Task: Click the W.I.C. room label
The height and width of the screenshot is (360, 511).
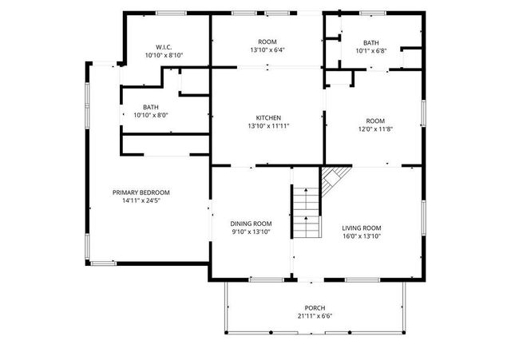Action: tap(164, 46)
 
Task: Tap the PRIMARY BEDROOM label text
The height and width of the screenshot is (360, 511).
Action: tap(141, 192)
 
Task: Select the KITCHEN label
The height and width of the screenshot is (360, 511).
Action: tap(267, 117)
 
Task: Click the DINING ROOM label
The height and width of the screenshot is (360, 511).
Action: tap(251, 224)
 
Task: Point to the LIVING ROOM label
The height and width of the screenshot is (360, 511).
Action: tap(362, 227)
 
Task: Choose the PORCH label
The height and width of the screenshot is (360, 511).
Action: tap(315, 308)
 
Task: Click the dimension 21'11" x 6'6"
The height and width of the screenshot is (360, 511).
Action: tap(315, 316)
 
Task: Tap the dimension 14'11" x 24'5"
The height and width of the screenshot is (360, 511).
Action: tap(141, 201)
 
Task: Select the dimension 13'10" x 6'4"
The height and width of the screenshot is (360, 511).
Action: tap(267, 49)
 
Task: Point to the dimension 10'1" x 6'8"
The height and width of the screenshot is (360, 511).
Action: tap(370, 51)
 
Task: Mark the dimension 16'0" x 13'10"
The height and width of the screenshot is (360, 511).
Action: tap(362, 236)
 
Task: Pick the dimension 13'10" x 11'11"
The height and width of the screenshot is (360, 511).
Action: tap(267, 126)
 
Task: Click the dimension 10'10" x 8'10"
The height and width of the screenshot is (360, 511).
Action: tap(164, 55)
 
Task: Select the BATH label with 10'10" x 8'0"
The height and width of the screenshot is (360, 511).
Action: tap(151, 106)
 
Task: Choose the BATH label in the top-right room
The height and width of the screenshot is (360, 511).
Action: tap(370, 43)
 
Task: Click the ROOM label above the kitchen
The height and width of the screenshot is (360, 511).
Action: tap(267, 42)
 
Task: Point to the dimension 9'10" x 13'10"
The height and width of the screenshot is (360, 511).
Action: tap(251, 232)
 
